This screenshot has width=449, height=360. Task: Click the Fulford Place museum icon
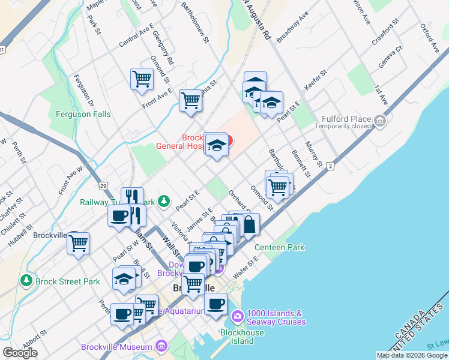click(379, 122)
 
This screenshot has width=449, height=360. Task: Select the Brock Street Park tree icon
click(26, 280)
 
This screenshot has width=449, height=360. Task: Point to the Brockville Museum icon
click(160, 346)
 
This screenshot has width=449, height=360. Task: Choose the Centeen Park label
click(279, 247)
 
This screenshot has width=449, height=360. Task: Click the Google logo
click(20, 353)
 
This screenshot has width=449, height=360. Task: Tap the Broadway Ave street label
click(292, 26)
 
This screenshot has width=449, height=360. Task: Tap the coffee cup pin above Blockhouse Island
click(215, 304)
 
